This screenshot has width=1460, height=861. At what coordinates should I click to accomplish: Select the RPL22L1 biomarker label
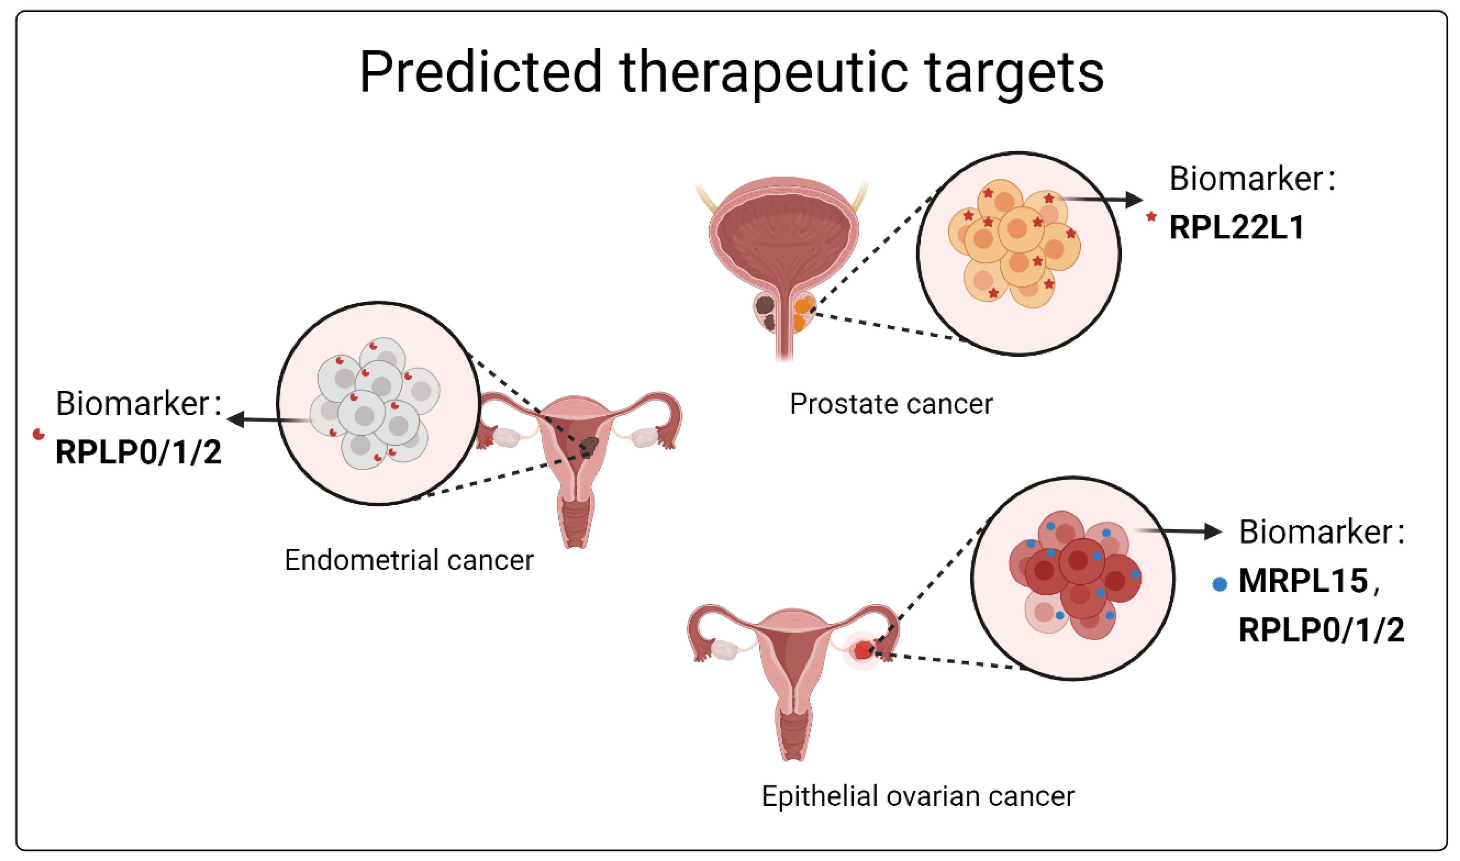click(1237, 227)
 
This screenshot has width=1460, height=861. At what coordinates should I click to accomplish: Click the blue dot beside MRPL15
click(1220, 584)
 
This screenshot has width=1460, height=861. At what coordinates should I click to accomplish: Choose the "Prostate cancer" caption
click(891, 404)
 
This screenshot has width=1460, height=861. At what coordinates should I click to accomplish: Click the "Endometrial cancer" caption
click(409, 560)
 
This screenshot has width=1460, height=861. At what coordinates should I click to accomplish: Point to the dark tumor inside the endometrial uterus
click(590, 445)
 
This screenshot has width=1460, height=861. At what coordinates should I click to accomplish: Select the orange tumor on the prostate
click(804, 313)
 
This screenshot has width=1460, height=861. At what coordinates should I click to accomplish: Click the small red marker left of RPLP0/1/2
click(39, 434)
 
